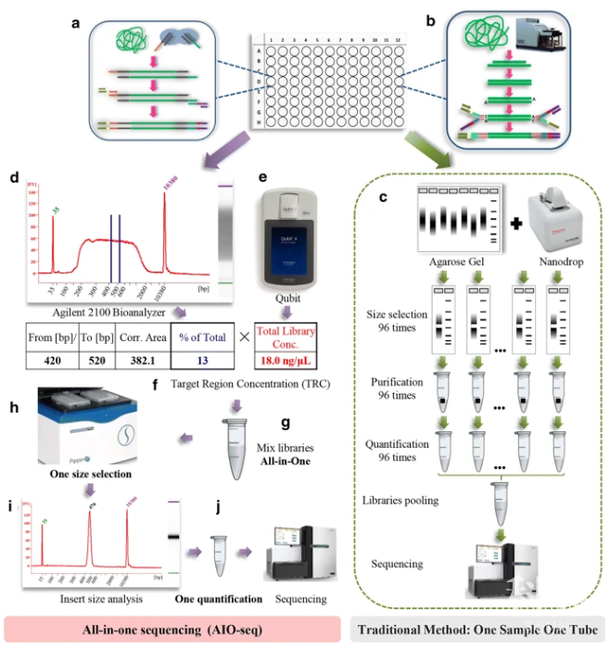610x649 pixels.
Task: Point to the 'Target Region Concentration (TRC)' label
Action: pos(268,378)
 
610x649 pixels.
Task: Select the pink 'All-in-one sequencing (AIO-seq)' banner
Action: pos(170,626)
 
